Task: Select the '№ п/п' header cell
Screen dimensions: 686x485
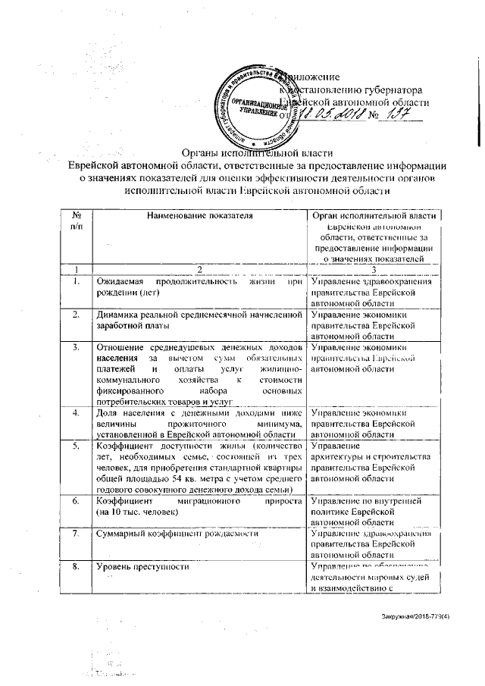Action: point(77,221)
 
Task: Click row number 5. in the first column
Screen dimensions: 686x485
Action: point(76,446)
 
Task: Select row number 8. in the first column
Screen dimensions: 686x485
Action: point(76,566)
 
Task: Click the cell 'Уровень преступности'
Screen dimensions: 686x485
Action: point(141,566)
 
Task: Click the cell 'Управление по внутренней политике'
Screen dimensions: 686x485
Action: point(371,506)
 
